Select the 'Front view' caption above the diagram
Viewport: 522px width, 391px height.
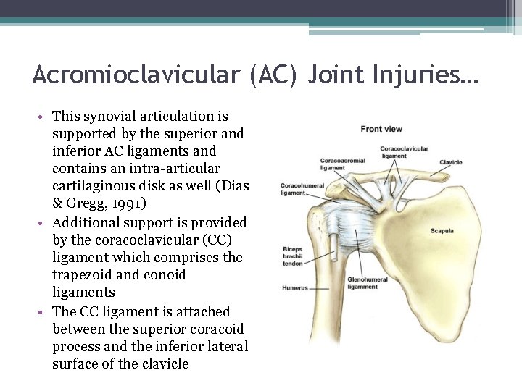tap(381, 129)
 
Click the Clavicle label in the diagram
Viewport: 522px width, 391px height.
tap(451, 162)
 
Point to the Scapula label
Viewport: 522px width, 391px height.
tap(442, 231)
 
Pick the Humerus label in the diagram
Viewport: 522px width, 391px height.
tap(294, 287)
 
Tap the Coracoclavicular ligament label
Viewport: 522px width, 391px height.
tap(404, 152)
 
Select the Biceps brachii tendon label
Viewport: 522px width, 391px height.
tap(292, 256)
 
